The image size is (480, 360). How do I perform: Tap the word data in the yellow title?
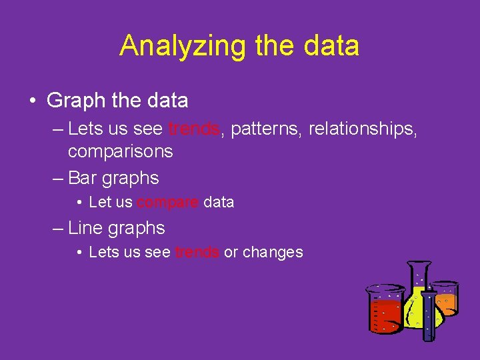[331, 46]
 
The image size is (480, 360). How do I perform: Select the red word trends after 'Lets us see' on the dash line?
[194, 127]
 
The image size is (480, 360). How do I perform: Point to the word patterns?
[266, 127]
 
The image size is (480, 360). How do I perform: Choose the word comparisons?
[120, 151]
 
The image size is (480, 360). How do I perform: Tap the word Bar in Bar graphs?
[81, 178]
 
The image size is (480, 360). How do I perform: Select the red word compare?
[168, 202]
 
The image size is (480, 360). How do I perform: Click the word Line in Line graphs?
[84, 228]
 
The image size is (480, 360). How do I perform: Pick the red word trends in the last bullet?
[197, 252]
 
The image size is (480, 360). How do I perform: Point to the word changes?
[273, 252]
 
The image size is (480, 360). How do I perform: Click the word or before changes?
[231, 252]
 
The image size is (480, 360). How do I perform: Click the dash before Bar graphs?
[58, 178]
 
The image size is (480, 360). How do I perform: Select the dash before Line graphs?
[58, 228]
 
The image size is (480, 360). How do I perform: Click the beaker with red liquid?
[385, 311]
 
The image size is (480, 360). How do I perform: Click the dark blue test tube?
[428, 313]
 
